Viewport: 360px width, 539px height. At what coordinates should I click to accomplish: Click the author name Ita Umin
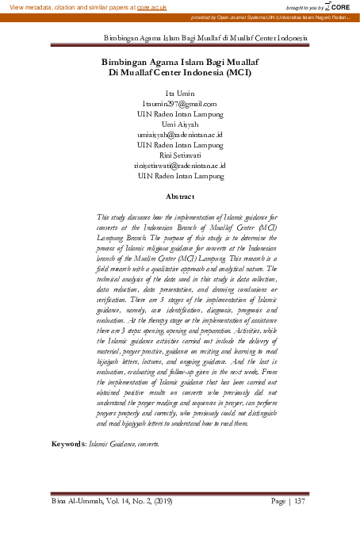(180, 94)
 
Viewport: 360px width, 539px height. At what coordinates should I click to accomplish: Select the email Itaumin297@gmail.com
(180, 104)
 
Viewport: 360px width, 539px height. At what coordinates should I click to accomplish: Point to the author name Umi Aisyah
(180, 124)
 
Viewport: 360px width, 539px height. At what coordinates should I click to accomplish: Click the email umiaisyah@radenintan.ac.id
(180, 135)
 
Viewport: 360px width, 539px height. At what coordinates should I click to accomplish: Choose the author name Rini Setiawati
(180, 155)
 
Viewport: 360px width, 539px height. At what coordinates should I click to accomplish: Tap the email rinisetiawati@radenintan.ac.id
(180, 166)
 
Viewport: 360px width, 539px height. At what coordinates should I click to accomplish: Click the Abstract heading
(180, 196)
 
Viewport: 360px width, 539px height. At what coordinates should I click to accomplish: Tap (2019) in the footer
(158, 501)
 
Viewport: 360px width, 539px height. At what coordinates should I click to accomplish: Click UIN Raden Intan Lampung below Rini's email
(180, 176)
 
